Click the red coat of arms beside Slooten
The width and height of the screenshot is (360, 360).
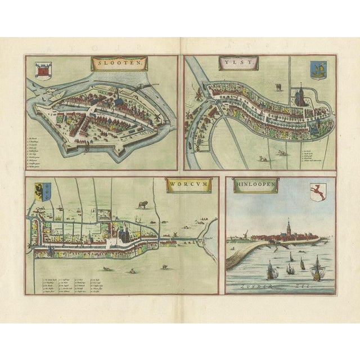coord(43,71)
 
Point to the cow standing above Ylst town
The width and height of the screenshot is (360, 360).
coord(278,87)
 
